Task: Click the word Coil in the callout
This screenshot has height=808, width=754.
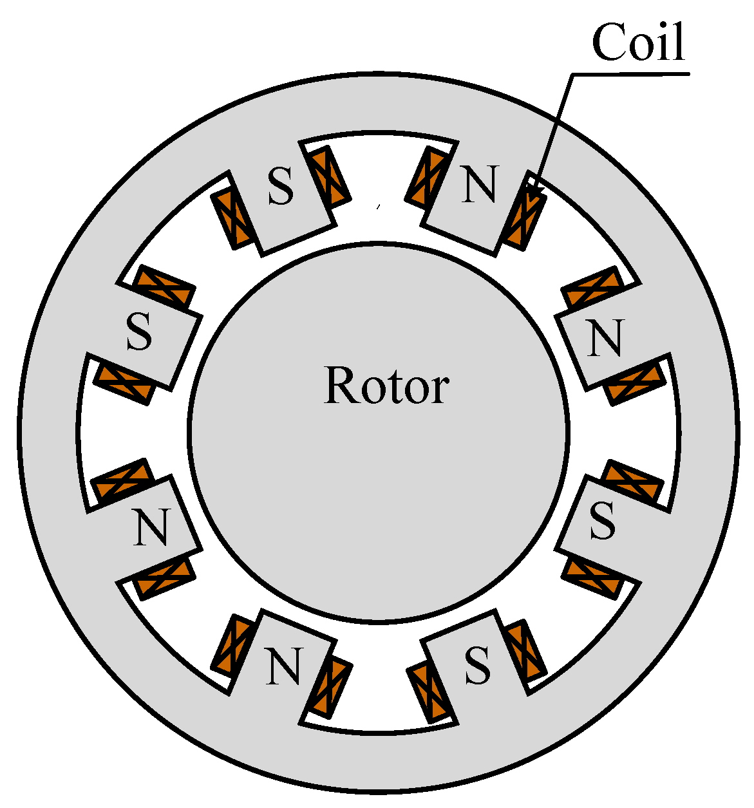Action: [638, 42]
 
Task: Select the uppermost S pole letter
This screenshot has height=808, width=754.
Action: [281, 187]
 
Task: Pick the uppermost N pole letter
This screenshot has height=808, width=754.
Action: [480, 185]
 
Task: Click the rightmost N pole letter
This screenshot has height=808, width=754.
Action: [606, 339]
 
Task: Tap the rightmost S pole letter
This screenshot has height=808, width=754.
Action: [603, 521]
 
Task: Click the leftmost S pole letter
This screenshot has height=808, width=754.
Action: [139, 333]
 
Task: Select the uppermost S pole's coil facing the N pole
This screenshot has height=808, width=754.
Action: [330, 175]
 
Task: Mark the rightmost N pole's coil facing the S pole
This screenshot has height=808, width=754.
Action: [636, 382]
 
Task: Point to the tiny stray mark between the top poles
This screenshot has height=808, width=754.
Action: [379, 206]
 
